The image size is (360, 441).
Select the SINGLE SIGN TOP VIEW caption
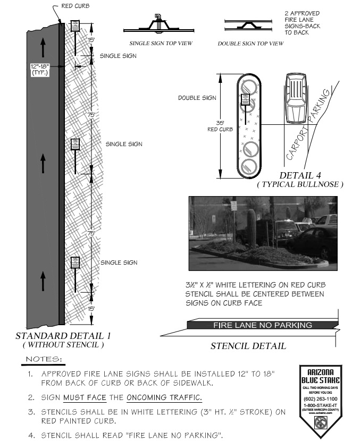coord(161,43)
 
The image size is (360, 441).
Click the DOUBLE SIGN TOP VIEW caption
coord(250,43)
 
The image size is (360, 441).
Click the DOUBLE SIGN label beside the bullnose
coord(197,98)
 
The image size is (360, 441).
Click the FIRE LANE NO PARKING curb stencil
coord(262,325)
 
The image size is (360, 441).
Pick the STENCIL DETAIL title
coord(248,346)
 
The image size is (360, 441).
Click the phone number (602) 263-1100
coord(320,397)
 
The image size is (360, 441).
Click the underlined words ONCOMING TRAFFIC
coord(173,398)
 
